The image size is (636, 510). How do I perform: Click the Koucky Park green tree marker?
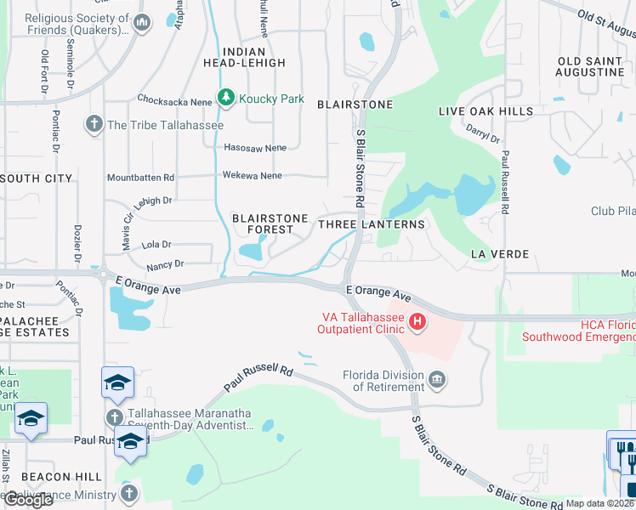[226, 99]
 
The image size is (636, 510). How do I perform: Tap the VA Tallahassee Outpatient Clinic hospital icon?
[417, 321]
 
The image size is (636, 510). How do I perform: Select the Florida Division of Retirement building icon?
[436, 378]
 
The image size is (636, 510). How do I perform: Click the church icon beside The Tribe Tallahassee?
[94, 125]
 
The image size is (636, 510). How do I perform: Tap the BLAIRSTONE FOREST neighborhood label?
[270, 224]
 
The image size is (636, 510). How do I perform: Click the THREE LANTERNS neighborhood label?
[371, 224]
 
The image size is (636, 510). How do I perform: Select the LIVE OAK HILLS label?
[486, 111]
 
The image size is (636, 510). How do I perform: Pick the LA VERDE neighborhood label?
[500, 254]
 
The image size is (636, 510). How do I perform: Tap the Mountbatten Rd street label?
[140, 178]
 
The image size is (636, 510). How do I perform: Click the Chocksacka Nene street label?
[174, 99]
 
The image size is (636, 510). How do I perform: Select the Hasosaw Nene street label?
[255, 147]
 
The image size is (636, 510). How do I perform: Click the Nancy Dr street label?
[166, 266]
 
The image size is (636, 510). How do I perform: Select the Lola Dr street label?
[156, 244]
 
